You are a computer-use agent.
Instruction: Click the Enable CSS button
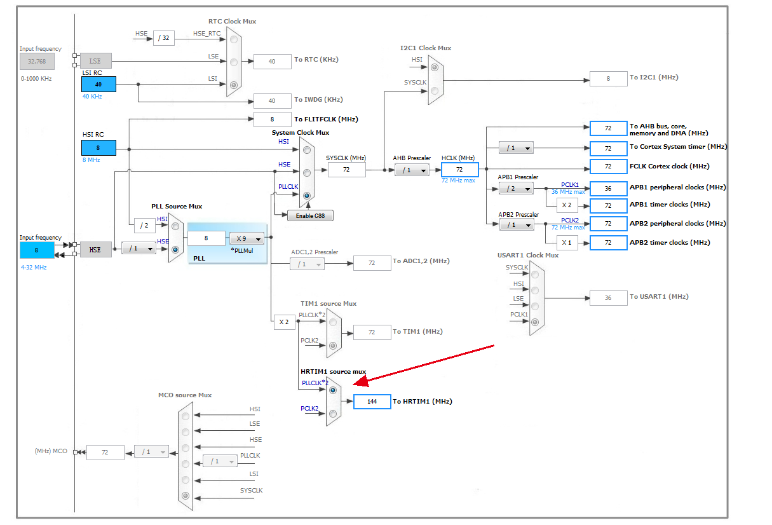tap(310, 216)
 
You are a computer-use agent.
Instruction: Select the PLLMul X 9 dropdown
tap(247, 239)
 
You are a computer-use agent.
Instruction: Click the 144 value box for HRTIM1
tap(372, 402)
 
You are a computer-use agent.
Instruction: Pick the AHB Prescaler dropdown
tap(411, 170)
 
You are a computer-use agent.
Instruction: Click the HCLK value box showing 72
tap(459, 170)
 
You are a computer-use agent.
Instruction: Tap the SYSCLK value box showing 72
tap(346, 170)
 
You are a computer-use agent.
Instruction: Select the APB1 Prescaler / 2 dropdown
tap(516, 189)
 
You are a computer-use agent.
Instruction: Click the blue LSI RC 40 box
tap(98, 84)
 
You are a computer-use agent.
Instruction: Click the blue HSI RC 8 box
tap(98, 147)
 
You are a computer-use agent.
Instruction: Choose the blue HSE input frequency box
tap(37, 250)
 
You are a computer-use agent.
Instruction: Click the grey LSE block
tap(95, 61)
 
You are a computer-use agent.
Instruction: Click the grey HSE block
tap(95, 249)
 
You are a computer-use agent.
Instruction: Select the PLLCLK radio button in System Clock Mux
tap(307, 196)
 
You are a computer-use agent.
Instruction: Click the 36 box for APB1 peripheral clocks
tap(608, 188)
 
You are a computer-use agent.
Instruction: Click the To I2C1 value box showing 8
tap(608, 78)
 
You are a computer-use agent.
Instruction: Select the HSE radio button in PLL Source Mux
tap(175, 250)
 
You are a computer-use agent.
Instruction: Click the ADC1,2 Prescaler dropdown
tap(307, 264)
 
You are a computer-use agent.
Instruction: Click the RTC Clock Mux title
tap(232, 21)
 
